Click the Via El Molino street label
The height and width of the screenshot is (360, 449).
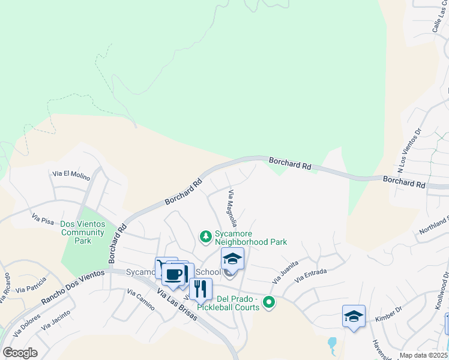click(70, 173)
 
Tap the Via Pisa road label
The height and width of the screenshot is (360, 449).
click(43, 220)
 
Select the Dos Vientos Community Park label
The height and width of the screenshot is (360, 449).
click(82, 232)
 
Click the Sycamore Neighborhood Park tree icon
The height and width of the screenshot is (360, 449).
click(206, 236)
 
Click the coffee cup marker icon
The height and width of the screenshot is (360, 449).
click(174, 274)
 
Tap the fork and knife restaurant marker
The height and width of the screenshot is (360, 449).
click(200, 289)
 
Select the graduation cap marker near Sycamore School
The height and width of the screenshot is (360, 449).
click(232, 259)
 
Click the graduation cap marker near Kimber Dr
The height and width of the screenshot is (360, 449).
click(354, 316)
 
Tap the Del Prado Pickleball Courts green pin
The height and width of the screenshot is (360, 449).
click(270, 302)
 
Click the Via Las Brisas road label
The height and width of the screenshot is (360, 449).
click(177, 305)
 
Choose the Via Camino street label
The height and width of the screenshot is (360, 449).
click(141, 295)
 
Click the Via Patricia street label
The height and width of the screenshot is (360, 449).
click(31, 284)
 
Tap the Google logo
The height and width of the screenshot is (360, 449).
click(19, 353)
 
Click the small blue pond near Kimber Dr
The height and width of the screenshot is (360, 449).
click(332, 344)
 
